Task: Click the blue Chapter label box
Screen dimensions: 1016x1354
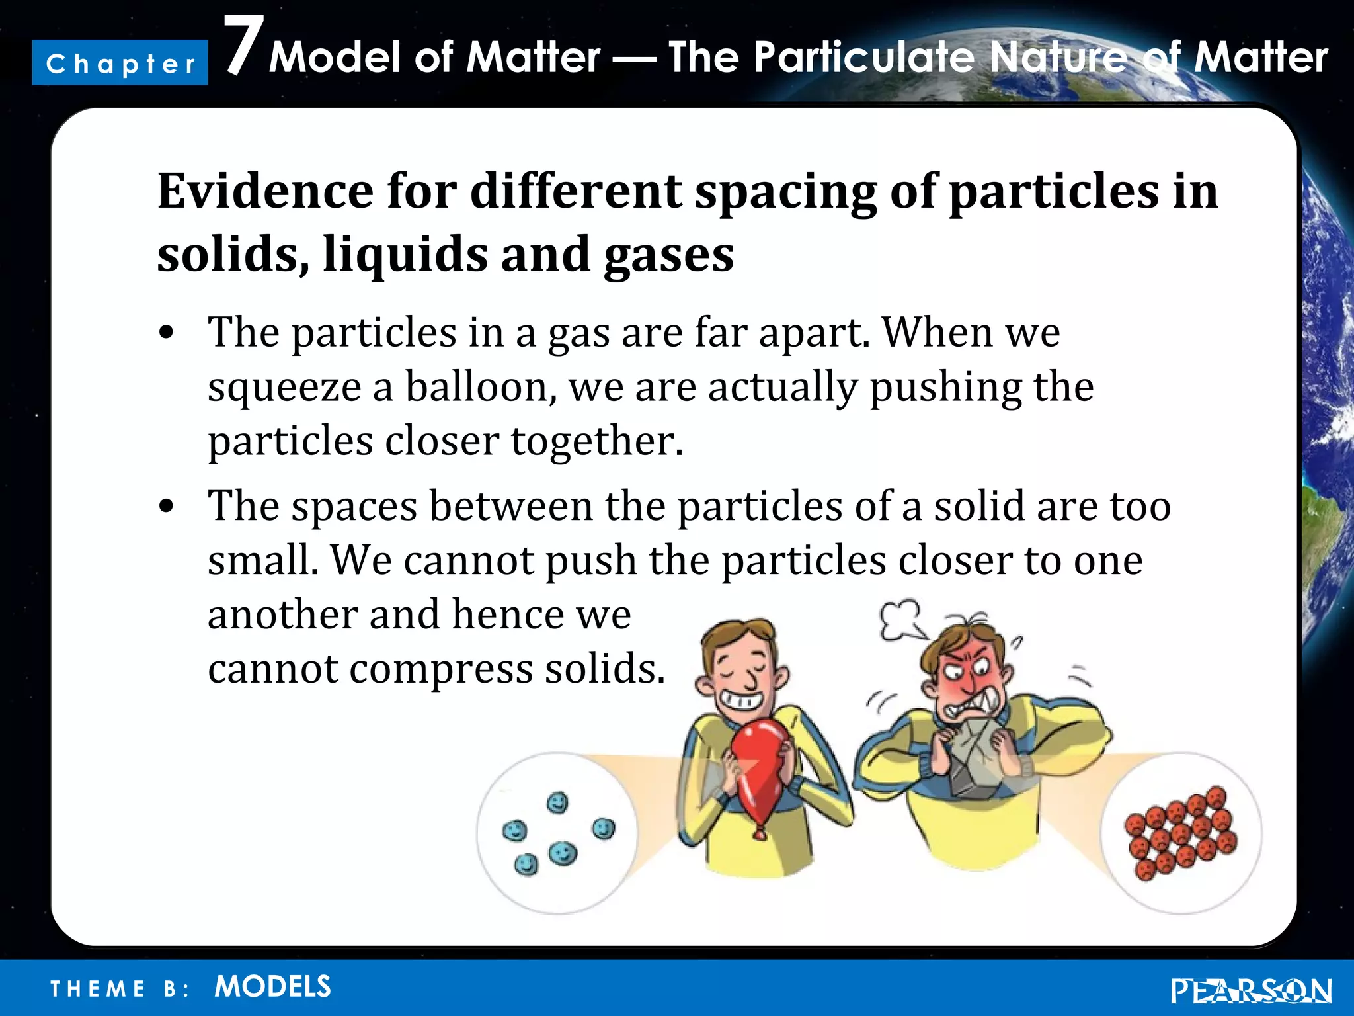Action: [x=120, y=63]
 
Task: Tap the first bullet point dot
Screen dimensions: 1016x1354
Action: [x=167, y=333]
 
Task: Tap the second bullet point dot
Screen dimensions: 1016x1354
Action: [x=167, y=507]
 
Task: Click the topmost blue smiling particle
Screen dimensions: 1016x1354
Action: [x=558, y=803]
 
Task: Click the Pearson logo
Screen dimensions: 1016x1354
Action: [x=1250, y=991]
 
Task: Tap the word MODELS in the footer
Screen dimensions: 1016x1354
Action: [x=272, y=987]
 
